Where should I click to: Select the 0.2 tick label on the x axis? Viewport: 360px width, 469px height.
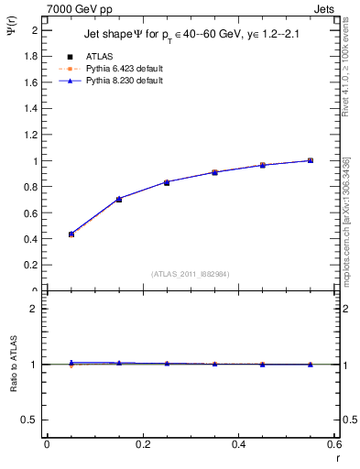[143, 443]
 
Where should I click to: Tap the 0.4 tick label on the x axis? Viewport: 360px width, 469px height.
[238, 443]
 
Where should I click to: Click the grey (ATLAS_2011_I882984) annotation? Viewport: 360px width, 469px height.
[190, 274]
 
